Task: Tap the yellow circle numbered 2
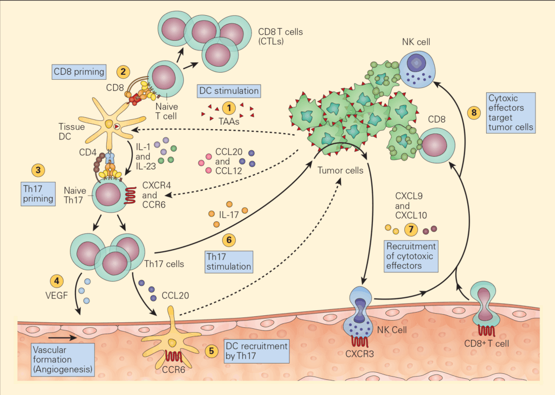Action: point(124,71)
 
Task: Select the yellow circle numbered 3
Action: point(38,170)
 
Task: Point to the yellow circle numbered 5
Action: point(211,350)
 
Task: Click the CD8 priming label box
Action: point(78,71)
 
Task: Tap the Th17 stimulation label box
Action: point(229,261)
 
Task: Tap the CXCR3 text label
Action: point(360,355)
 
